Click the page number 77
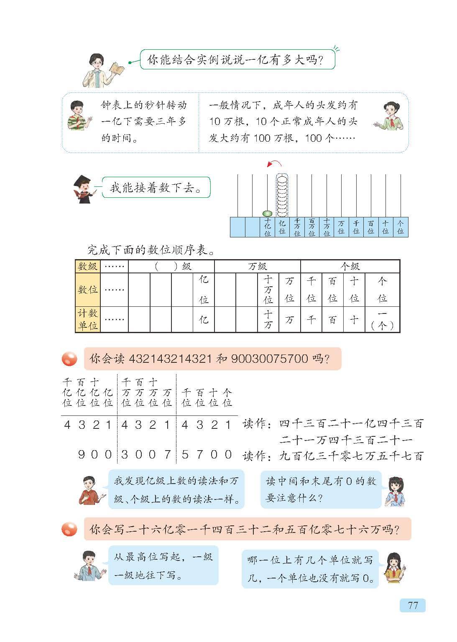click(412, 605)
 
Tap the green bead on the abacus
click(267, 214)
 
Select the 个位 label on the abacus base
click(401, 227)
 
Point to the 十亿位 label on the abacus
click(268, 227)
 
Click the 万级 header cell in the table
click(257, 266)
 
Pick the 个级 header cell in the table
click(350, 266)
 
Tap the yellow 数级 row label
click(88, 266)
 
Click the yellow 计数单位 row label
click(88, 319)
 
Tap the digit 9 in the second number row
click(82, 454)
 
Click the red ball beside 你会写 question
click(69, 529)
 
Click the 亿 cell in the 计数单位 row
click(204, 320)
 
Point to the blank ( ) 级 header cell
click(171, 266)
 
